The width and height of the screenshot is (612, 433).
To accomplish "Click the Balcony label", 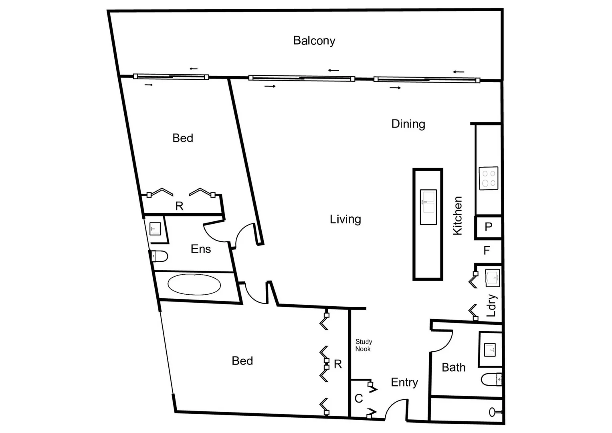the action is pos(314,40).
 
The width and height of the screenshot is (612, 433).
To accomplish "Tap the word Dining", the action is pos(408,124).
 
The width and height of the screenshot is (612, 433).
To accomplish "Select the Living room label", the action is pos(345,219).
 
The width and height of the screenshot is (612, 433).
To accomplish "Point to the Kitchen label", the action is pos(457,216).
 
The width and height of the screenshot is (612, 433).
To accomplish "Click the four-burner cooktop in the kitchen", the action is pos(489,178).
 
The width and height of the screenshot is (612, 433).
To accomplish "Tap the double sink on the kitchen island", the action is pos(428,207).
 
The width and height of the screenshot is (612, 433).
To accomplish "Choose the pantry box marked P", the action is pos(488,227).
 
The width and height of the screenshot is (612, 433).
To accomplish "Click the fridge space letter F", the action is pos(487,251).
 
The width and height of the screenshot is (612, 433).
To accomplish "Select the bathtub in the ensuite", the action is pos(194,285).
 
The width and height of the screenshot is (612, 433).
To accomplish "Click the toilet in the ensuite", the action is pos(159,256).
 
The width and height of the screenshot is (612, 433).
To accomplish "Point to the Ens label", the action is pos(200,249).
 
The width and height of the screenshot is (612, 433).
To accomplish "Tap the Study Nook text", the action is pos(364,345).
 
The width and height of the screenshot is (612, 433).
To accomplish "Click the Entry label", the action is pos(404,382).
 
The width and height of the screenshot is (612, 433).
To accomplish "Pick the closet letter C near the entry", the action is pos(359,399).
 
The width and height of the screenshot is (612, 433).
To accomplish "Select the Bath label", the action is pos(453,367).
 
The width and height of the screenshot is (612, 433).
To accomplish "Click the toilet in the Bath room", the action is pos(491,379).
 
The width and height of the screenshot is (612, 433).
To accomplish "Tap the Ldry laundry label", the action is pos(491,306).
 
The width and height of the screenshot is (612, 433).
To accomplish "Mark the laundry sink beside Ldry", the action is pos(493,278).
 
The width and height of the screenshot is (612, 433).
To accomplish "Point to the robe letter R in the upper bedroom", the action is pos(179,206).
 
